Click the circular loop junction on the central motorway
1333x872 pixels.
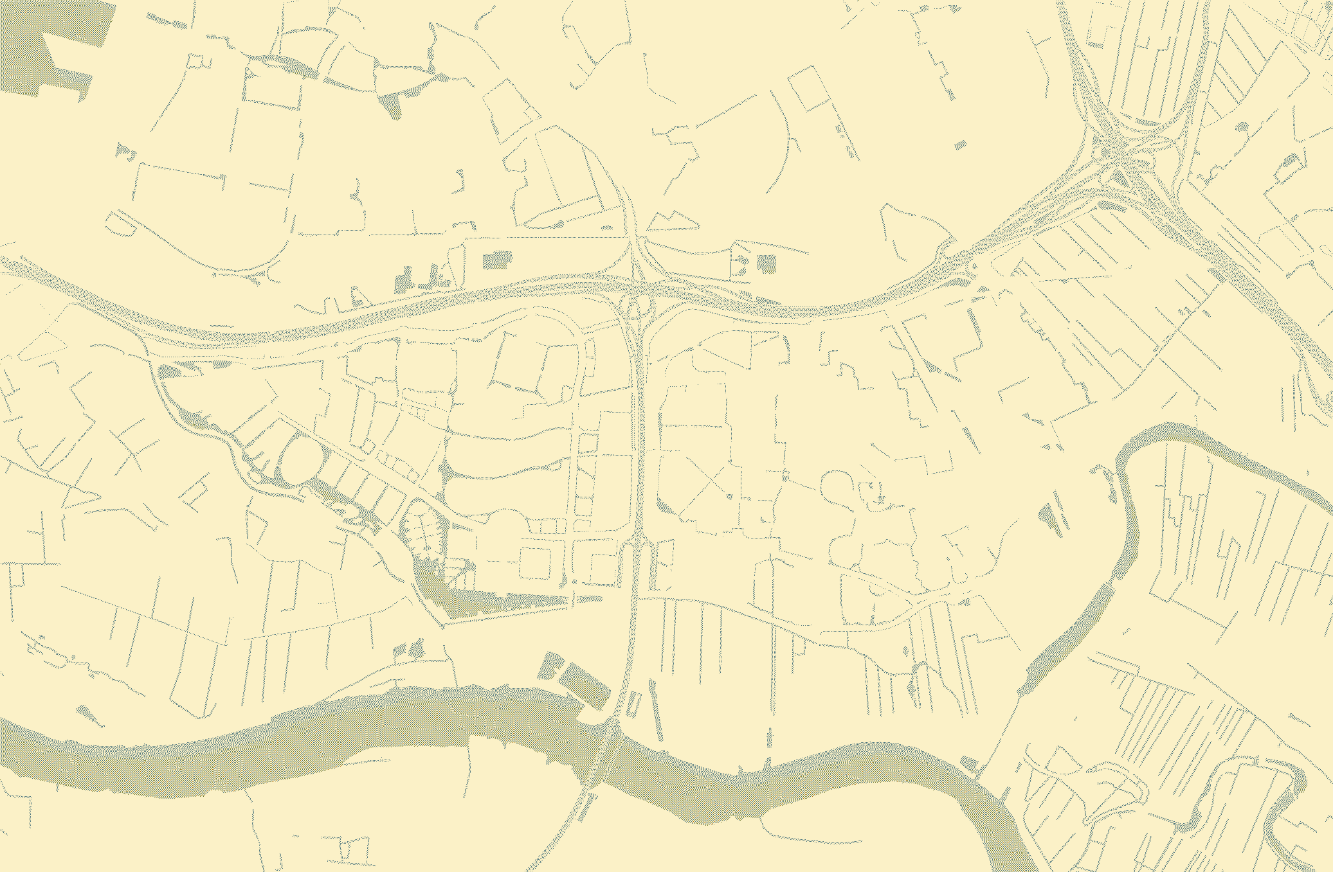tap(634, 305)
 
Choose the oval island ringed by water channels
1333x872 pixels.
tap(297, 460)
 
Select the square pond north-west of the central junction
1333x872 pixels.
tap(498, 260)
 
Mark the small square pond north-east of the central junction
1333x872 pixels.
tap(767, 263)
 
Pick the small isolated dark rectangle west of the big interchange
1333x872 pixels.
tap(960, 145)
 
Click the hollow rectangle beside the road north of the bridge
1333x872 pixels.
tap(633, 704)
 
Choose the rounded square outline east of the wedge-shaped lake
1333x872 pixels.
tap(534, 564)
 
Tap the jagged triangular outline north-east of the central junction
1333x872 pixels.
tap(672, 221)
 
